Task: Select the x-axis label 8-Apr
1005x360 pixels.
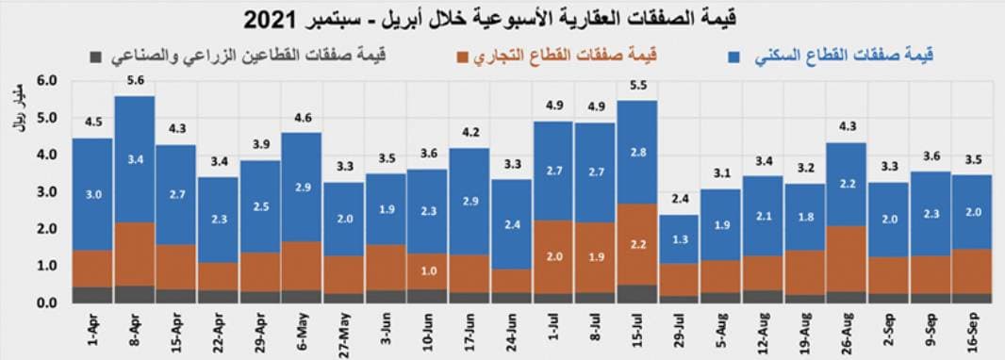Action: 135,329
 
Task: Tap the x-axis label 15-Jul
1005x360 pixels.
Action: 638,329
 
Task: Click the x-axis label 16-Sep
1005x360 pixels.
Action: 971,329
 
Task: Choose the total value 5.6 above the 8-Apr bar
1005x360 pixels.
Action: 135,81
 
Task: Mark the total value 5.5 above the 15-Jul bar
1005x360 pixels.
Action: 638,85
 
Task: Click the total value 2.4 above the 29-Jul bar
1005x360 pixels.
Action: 679,199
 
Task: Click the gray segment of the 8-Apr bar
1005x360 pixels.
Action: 135,294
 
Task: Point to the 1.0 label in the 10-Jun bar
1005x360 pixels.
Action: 427,270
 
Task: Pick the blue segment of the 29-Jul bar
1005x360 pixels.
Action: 679,238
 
